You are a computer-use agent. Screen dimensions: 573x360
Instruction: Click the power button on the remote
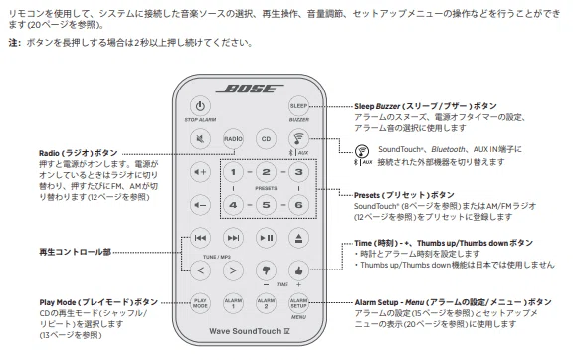pyautogui.click(x=200, y=106)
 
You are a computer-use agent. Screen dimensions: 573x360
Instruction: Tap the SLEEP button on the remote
pyautogui.click(x=298, y=106)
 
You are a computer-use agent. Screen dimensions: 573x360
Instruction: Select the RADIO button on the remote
pyautogui.click(x=233, y=139)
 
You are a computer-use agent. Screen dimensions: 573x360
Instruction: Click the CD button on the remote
pyautogui.click(x=266, y=139)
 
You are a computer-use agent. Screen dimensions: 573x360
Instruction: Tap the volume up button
pyautogui.click(x=200, y=172)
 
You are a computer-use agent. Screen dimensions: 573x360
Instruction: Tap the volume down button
pyautogui.click(x=200, y=205)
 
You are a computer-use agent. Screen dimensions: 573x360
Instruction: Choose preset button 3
pyautogui.click(x=298, y=172)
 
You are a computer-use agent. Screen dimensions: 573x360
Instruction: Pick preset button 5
pyautogui.click(x=266, y=205)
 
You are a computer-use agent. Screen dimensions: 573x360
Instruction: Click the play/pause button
pyautogui.click(x=266, y=238)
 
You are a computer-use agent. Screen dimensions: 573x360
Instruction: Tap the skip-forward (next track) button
pyautogui.click(x=233, y=238)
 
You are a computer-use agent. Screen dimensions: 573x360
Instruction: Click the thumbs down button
pyautogui.click(x=266, y=270)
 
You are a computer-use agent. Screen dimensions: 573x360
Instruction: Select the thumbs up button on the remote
pyautogui.click(x=298, y=270)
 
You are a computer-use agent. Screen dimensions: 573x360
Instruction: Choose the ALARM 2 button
pyautogui.click(x=266, y=303)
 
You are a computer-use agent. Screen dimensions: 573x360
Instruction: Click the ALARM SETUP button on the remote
pyautogui.click(x=298, y=303)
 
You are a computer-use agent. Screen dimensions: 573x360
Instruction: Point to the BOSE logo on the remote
pyautogui.click(x=250, y=89)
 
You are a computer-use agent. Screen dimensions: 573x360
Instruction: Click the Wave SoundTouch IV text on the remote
pyautogui.click(x=250, y=331)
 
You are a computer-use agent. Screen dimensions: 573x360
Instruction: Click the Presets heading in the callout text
pyautogui.click(x=404, y=195)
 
